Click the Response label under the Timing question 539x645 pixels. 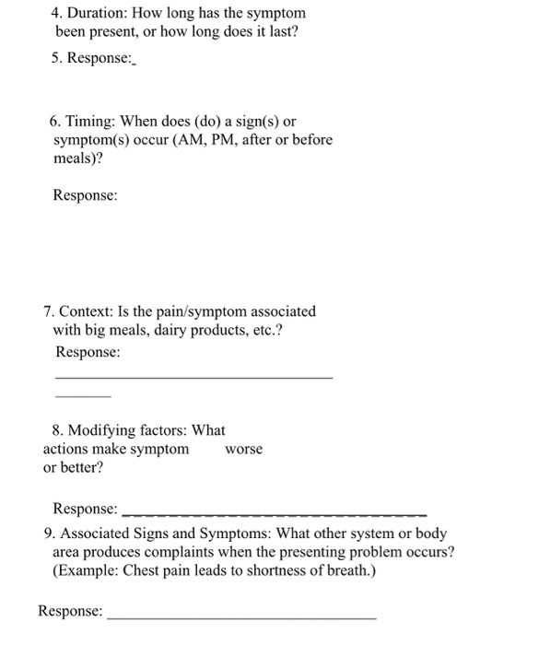[85, 195]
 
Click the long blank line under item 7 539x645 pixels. [193, 377]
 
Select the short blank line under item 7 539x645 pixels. [83, 396]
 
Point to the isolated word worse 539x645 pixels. [243, 449]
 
